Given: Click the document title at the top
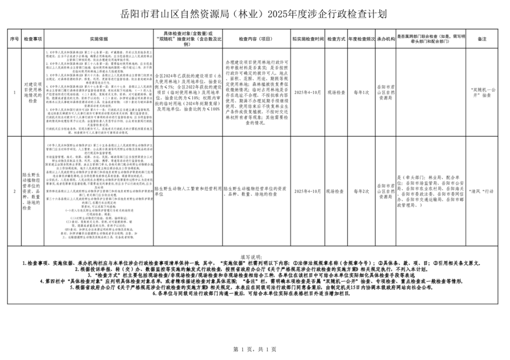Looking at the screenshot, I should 255,14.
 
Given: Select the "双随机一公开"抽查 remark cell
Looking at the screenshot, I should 482,93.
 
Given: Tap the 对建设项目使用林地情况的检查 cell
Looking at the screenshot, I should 33,93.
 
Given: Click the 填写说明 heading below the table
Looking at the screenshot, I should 254,257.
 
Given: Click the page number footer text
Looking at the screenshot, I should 254,350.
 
